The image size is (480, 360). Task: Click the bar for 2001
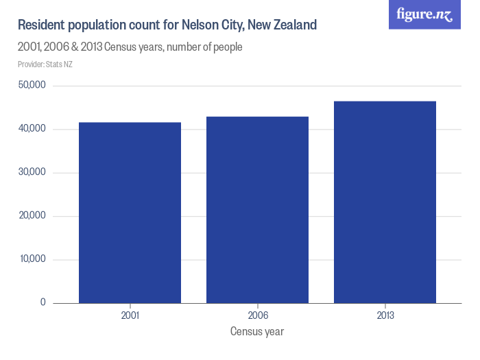[130, 213]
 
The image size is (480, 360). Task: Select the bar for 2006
[257, 210]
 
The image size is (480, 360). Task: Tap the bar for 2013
[385, 202]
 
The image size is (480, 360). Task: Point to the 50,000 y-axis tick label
[32, 86]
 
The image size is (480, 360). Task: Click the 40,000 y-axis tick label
[32, 129]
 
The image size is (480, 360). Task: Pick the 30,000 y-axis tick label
[32, 172]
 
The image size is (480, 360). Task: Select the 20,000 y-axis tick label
[32, 216]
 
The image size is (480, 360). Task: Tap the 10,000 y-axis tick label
[32, 259]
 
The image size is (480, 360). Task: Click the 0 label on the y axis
[42, 302]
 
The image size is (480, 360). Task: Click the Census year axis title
[257, 332]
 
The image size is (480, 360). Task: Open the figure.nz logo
[424, 14]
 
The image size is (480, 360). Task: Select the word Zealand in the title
[293, 25]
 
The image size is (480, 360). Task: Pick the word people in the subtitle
[226, 48]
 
